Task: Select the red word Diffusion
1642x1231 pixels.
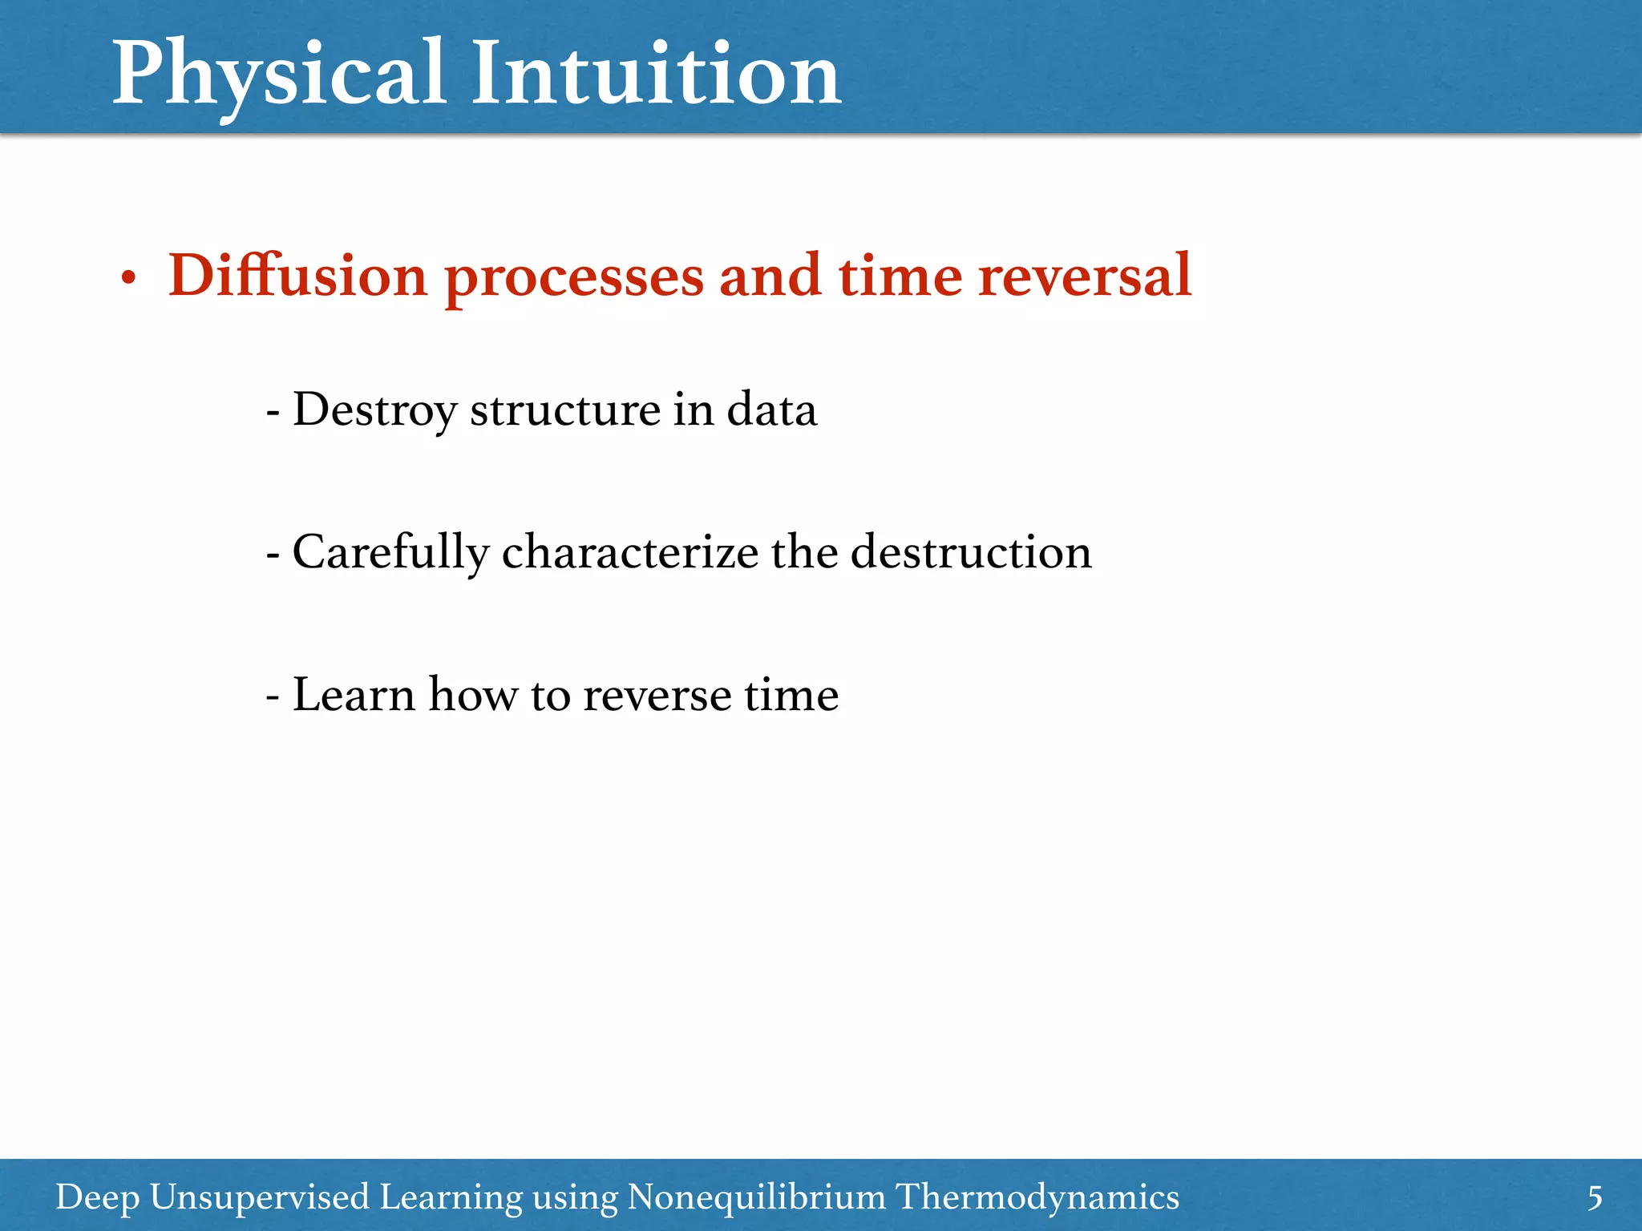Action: pyautogui.click(x=297, y=276)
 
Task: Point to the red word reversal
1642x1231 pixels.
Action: pyautogui.click(x=1085, y=276)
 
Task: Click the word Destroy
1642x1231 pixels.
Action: pyautogui.click(x=375, y=410)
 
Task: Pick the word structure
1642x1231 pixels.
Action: pyautogui.click(x=565, y=410)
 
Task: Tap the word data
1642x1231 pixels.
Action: pyautogui.click(x=771, y=410)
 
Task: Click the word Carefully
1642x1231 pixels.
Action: pyautogui.click(x=390, y=553)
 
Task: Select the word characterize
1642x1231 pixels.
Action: pyautogui.click(x=629, y=553)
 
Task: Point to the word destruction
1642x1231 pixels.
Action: pyautogui.click(x=970, y=553)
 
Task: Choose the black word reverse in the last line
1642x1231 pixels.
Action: pyautogui.click(x=657, y=696)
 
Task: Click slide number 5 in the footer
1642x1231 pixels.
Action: pyautogui.click(x=1595, y=1198)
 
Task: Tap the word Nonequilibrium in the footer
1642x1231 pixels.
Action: pyautogui.click(x=756, y=1197)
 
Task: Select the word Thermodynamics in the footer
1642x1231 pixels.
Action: pyautogui.click(x=1037, y=1197)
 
